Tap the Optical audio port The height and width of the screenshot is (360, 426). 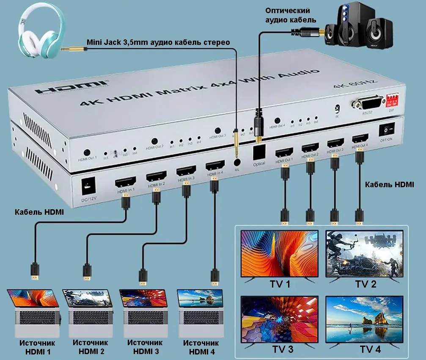(x=258, y=152)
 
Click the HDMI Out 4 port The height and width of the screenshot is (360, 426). (x=360, y=138)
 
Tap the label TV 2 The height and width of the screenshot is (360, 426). (x=366, y=284)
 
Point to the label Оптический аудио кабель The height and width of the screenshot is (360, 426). (x=287, y=15)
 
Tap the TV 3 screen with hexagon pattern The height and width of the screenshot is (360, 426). (x=279, y=319)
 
